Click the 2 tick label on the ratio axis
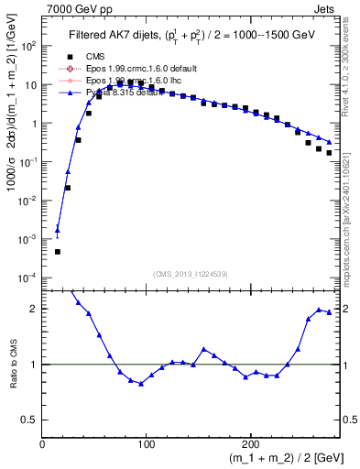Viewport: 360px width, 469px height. click(x=35, y=309)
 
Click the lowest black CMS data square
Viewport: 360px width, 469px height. click(x=57, y=251)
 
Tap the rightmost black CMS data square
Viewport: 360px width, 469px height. click(x=329, y=153)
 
